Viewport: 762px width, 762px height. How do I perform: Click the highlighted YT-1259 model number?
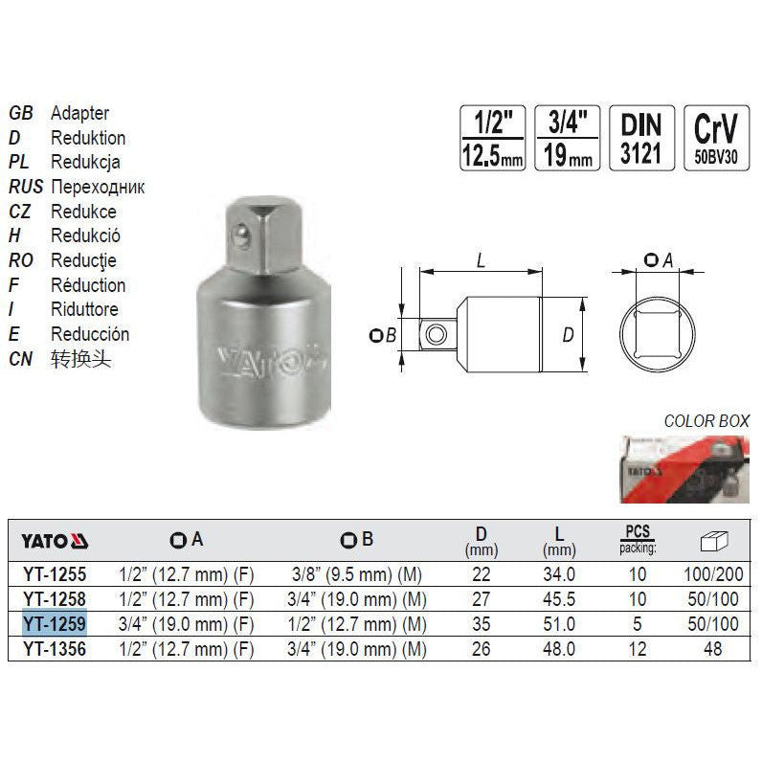click(55, 623)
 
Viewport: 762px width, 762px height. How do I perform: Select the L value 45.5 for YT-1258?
click(559, 598)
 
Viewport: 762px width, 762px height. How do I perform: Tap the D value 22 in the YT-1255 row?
click(482, 574)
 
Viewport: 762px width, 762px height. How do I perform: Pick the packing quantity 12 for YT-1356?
click(638, 649)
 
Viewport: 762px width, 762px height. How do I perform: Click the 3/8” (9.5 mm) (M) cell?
click(357, 574)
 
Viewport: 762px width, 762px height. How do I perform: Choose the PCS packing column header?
click(638, 539)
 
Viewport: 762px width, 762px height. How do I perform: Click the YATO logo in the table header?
click(55, 541)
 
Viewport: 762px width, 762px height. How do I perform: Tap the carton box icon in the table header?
click(713, 541)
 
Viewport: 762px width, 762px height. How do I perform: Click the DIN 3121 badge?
click(641, 138)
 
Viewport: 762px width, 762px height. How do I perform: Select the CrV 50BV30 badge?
click(716, 138)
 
